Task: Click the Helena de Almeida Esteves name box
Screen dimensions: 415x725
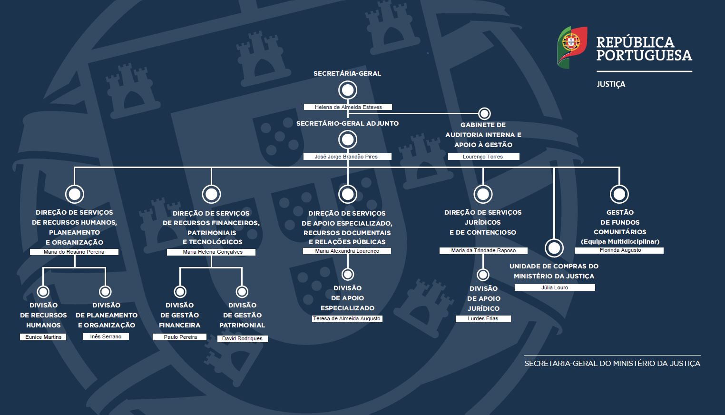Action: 348,107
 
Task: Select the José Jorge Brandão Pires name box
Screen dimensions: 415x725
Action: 348,157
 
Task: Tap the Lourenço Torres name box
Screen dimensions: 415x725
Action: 483,157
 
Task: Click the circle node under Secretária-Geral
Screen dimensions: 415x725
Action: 348,90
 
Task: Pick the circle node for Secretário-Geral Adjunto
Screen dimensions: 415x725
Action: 348,140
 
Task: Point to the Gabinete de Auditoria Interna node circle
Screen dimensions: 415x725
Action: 484,114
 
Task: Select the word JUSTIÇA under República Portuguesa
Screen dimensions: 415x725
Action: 611,84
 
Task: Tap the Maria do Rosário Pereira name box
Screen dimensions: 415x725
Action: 74,252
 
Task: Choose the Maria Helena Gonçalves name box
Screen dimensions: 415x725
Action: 211,252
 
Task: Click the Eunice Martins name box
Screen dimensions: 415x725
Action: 43,337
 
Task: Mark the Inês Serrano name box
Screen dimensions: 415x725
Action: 106,336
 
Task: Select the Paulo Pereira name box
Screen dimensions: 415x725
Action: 180,337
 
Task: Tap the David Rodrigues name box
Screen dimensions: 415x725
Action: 243,338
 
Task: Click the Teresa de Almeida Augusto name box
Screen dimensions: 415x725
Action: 347,318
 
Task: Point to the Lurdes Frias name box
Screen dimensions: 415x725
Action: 483,318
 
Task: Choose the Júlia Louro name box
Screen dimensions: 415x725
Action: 554,287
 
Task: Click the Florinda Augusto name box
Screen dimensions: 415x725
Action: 619,250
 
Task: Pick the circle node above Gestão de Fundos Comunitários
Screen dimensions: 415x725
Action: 619,194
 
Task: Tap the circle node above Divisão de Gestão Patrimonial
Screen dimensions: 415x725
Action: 242,292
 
